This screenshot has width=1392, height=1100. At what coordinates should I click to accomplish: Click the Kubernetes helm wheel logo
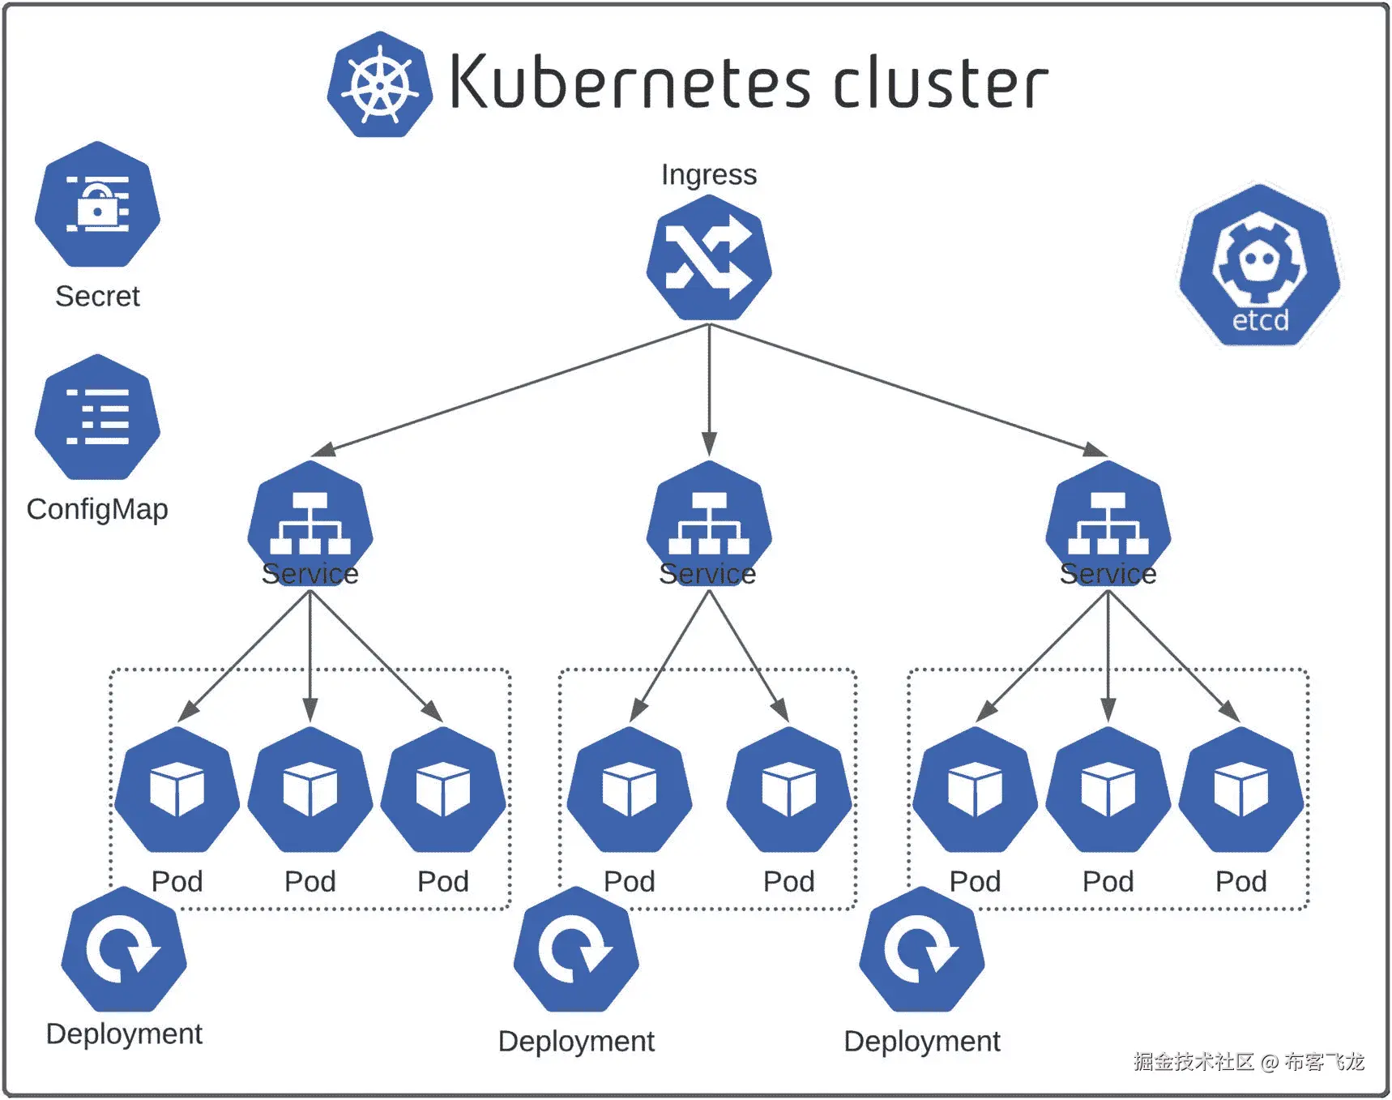pos(379,84)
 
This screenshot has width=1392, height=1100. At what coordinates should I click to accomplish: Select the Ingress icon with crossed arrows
pos(709,258)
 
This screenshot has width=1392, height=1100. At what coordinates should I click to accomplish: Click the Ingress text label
pos(709,174)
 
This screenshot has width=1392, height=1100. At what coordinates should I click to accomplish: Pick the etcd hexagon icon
pos(1259,266)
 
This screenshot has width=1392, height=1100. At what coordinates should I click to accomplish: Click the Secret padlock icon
pos(97,204)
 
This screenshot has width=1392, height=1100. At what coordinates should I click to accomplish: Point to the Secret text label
pos(97,297)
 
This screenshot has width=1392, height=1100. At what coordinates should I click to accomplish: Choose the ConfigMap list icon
pos(97,417)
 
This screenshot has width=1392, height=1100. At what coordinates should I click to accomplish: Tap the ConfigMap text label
pos(97,509)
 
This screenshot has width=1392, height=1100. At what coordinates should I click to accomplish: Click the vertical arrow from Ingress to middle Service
pos(709,389)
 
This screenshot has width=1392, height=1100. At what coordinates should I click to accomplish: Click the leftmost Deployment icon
pos(124,949)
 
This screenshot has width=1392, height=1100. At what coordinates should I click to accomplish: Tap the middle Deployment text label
pos(576,1042)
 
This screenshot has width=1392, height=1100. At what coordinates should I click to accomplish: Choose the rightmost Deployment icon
pos(922,949)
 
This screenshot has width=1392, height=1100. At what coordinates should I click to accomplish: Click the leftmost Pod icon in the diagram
pos(177,790)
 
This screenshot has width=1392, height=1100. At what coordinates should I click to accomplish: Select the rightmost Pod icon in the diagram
pos(1240,790)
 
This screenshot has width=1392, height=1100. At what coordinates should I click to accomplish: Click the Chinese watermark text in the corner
pos(1249,1061)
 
